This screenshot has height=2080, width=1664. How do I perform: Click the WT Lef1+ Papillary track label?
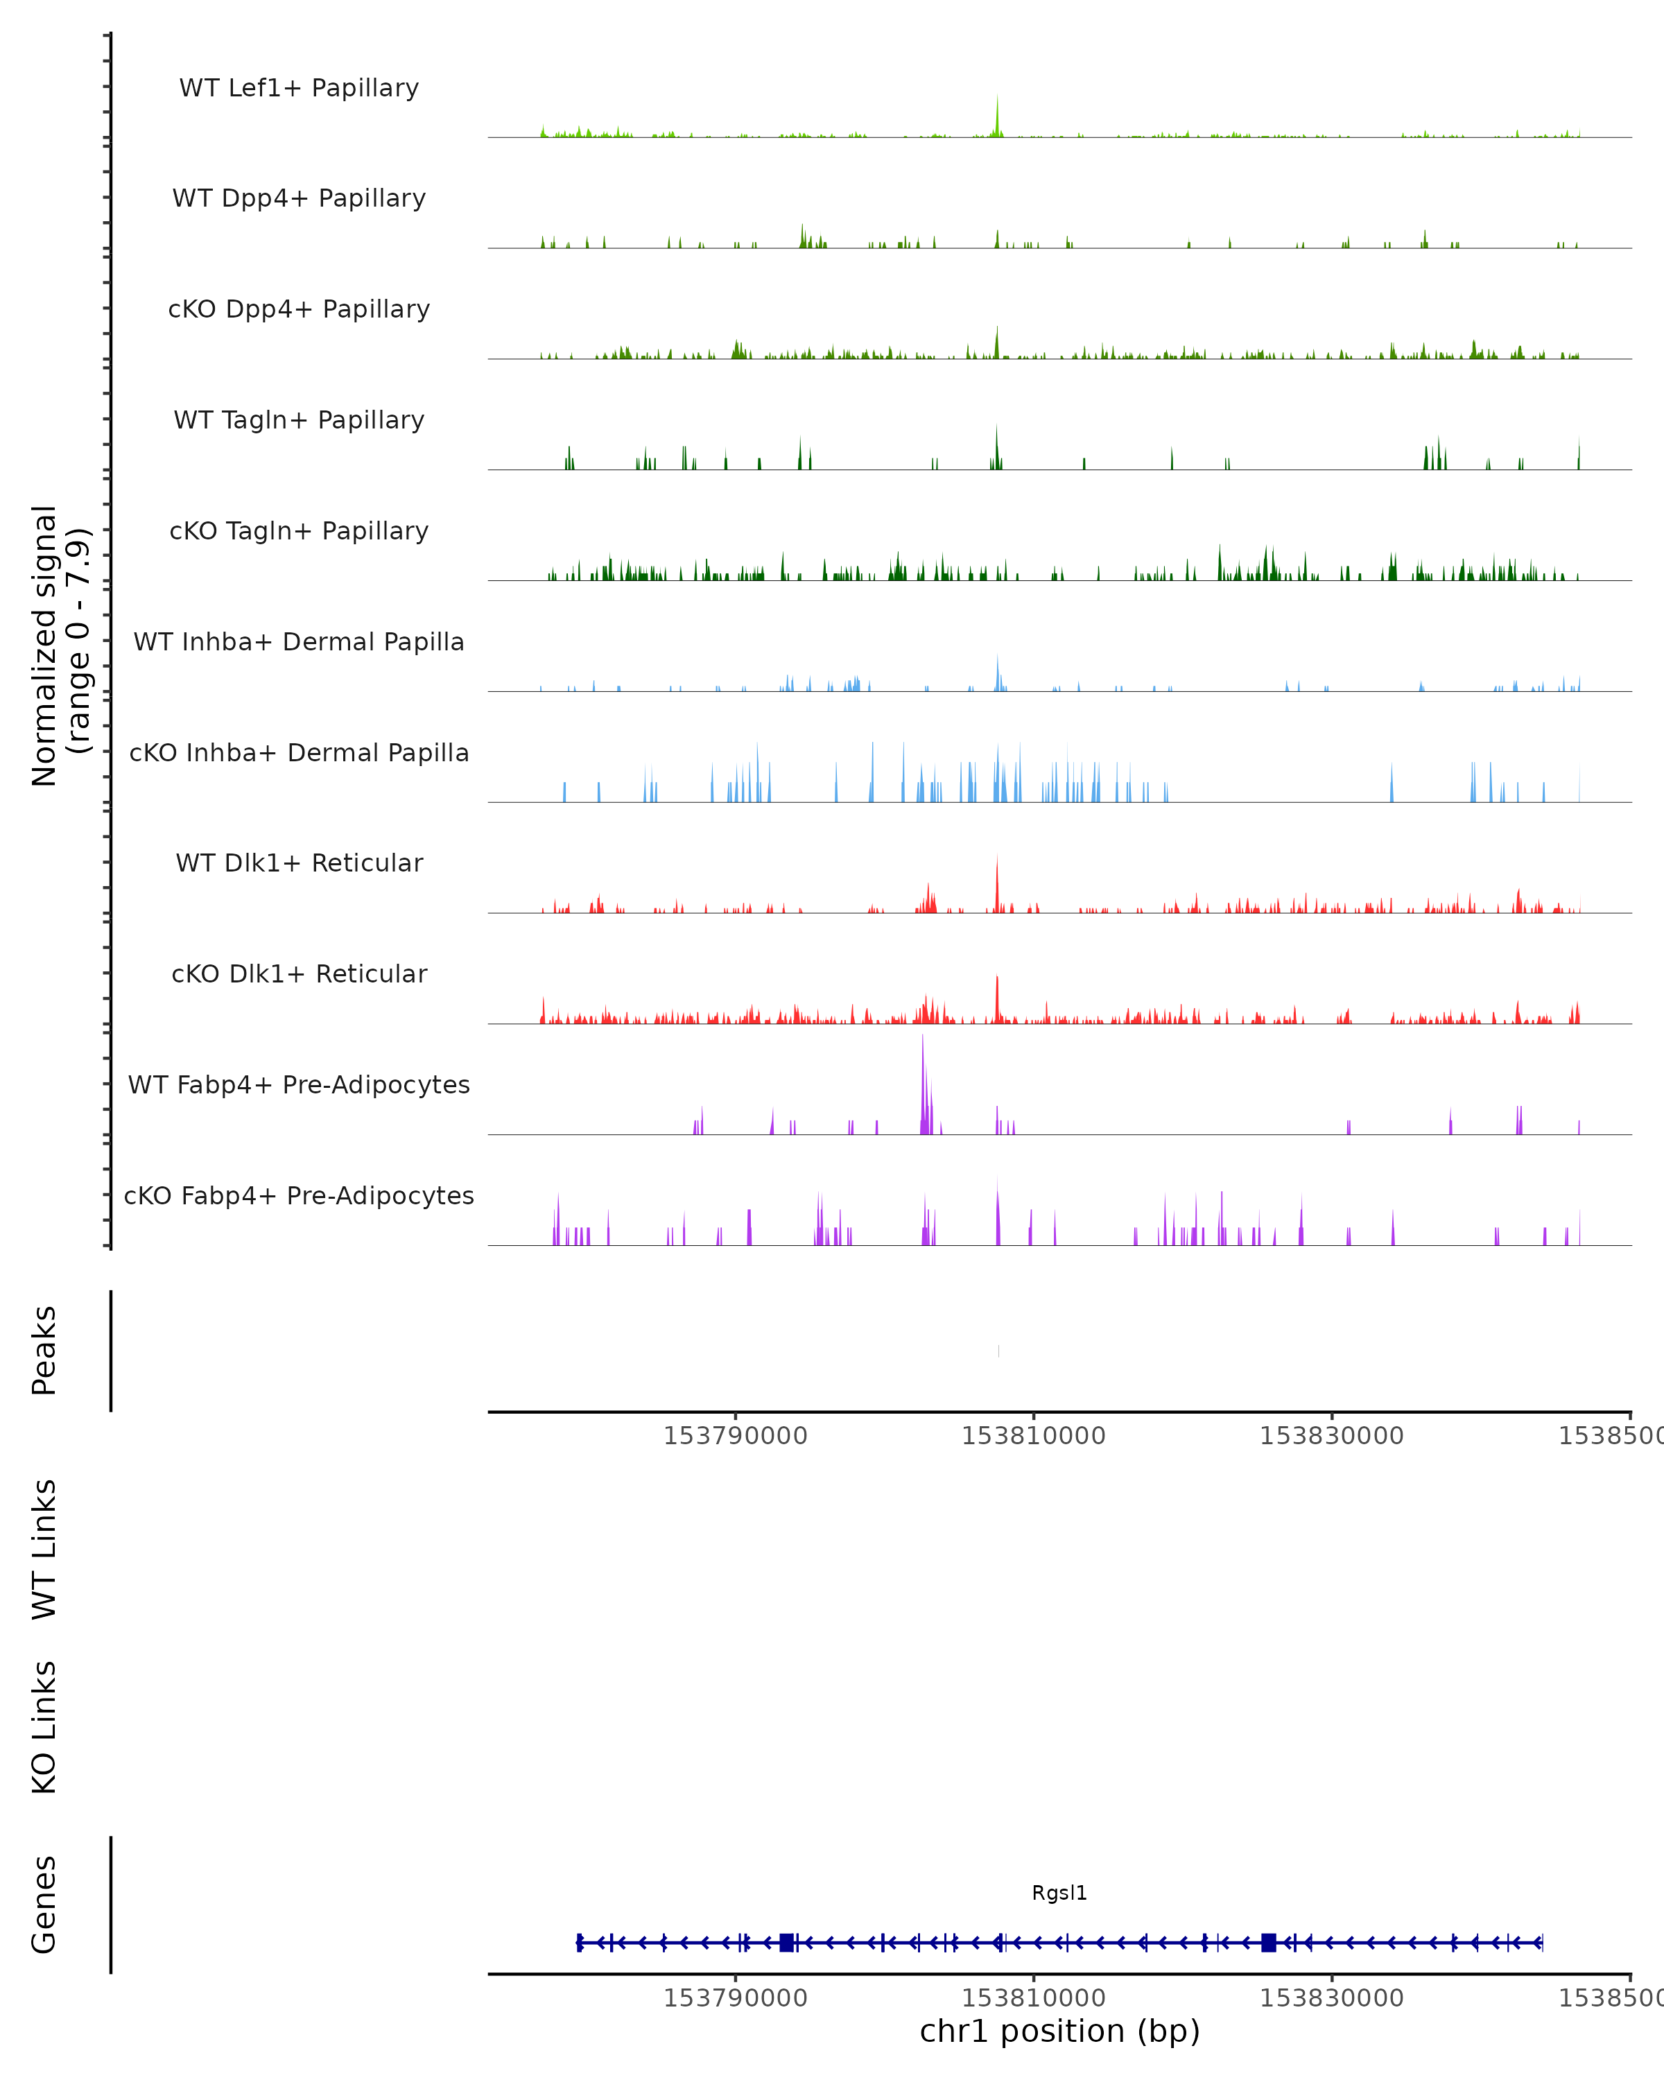tap(299, 88)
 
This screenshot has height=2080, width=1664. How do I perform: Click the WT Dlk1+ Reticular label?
tap(299, 863)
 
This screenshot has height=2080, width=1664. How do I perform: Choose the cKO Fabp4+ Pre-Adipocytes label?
tap(299, 1195)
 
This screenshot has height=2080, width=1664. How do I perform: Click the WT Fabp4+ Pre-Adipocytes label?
tap(299, 1084)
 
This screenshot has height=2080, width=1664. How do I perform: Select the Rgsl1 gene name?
tap(1059, 1893)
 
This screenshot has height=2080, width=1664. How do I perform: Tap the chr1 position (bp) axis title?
tap(1059, 2031)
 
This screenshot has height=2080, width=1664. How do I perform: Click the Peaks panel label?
tap(44, 1351)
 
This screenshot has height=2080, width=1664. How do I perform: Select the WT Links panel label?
tap(44, 1548)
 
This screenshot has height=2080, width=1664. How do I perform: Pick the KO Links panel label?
tap(44, 1727)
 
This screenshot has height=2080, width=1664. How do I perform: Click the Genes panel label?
tap(44, 1905)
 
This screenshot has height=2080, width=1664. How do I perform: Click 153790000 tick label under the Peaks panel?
tap(735, 1436)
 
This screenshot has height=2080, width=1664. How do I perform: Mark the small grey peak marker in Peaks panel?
tap(998, 1351)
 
